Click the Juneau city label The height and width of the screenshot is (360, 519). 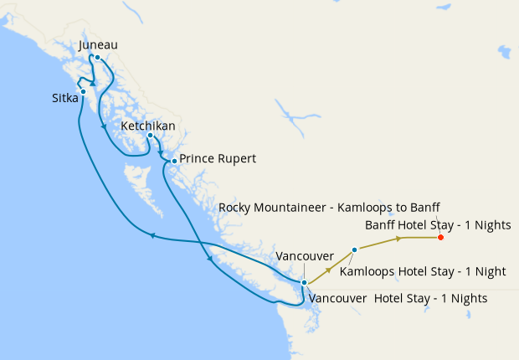pos(98,45)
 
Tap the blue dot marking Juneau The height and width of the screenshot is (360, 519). pos(97,58)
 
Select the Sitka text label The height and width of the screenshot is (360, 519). pos(65,99)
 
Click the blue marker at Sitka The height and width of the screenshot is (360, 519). pos(83,91)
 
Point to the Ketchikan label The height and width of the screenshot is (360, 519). pos(148,126)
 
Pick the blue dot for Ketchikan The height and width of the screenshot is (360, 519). pos(150,136)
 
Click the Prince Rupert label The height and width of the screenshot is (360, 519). pos(218,158)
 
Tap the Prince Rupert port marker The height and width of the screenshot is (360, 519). pos(174,161)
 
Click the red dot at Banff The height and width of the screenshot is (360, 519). pos(441,238)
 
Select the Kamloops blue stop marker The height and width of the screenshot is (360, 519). pos(355,249)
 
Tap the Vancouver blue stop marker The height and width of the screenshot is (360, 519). pos(304,283)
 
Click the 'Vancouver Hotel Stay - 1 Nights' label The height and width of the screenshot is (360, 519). pos(398,298)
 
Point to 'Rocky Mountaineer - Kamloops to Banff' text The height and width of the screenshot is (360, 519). pos(329,207)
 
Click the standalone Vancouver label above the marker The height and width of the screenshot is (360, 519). pos(305,255)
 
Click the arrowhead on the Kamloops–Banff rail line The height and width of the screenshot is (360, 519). pos(399,239)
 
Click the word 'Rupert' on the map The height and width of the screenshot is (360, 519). pos(237,158)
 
